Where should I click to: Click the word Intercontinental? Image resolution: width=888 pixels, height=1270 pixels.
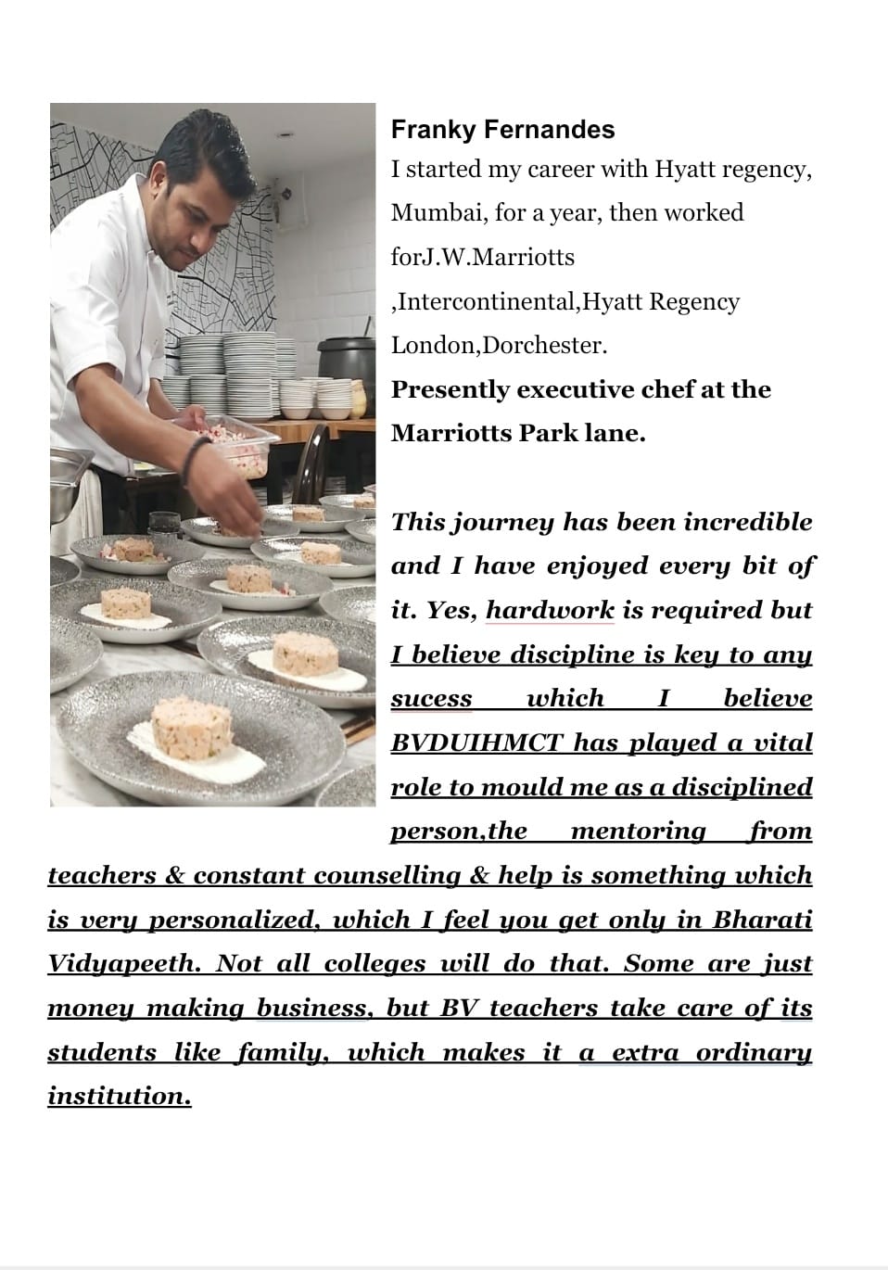(487, 302)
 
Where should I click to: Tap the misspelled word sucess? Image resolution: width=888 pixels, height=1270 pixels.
(431, 699)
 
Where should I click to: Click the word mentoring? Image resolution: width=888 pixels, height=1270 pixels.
(638, 832)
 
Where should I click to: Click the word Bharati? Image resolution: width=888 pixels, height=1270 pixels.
(762, 920)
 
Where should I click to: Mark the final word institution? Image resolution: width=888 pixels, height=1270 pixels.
(119, 1097)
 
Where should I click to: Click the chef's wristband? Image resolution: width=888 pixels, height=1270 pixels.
(196, 459)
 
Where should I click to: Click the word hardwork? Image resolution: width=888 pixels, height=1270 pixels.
(550, 611)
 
